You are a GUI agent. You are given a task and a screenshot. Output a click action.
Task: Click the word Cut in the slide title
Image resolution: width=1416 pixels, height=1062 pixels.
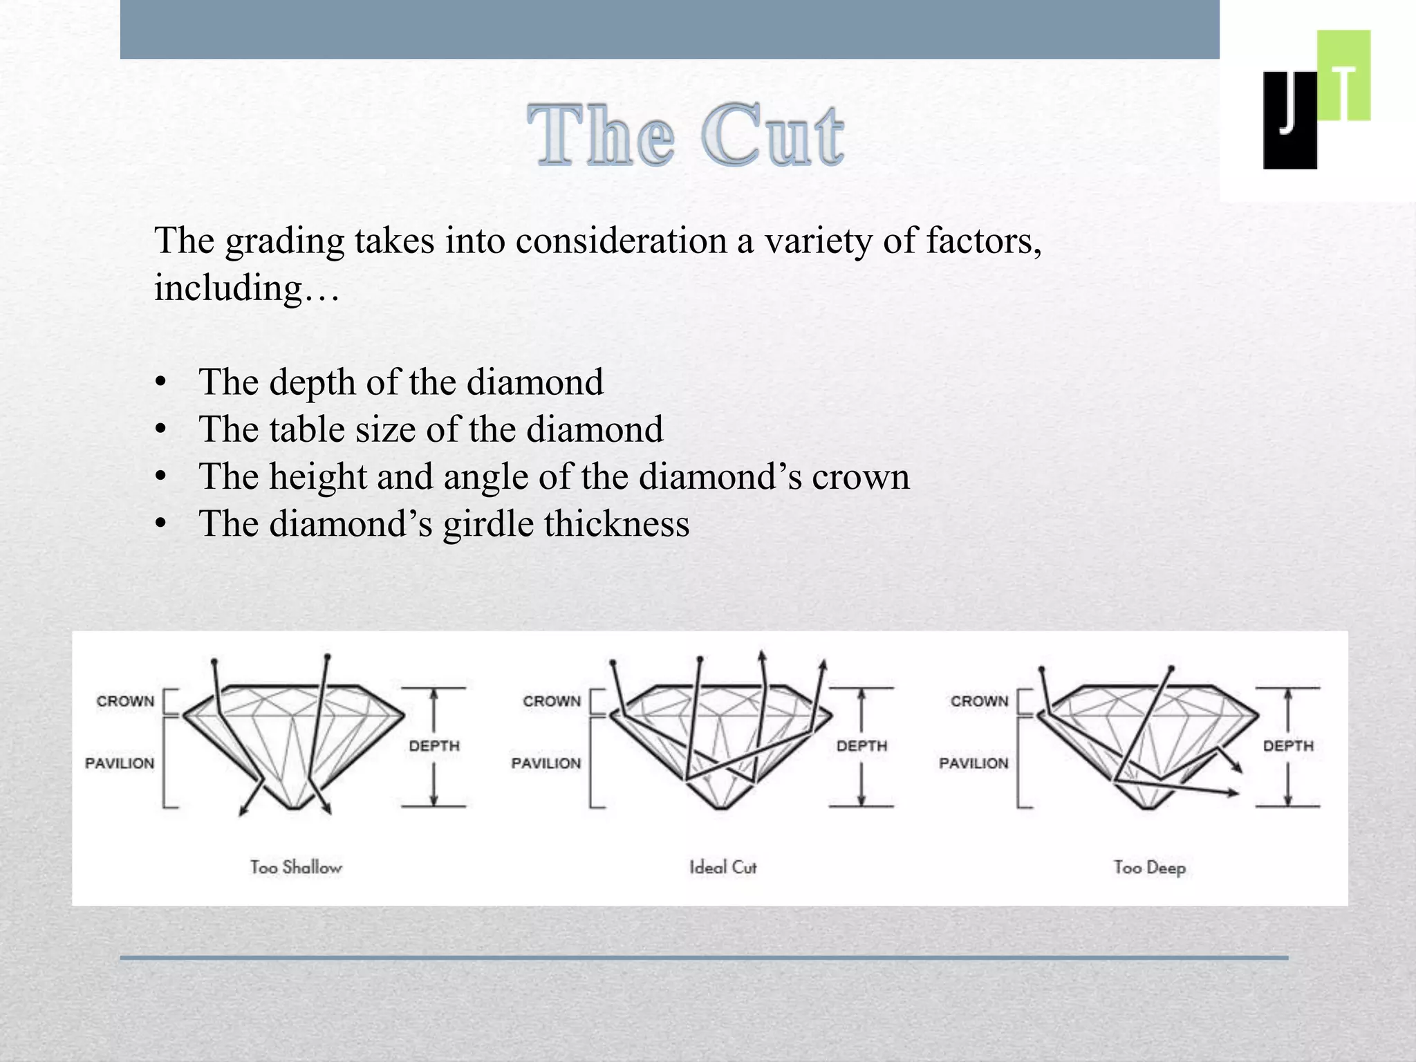coord(772,136)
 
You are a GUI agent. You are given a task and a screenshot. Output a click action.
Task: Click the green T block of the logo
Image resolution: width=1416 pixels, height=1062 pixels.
coord(1343,75)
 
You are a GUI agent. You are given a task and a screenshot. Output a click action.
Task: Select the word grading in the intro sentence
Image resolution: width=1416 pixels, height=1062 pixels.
coord(285,242)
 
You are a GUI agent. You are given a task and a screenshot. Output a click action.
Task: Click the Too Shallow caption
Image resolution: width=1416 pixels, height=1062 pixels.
coord(296,867)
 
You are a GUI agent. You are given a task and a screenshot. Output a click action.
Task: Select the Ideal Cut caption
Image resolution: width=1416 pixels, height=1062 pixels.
coord(723,867)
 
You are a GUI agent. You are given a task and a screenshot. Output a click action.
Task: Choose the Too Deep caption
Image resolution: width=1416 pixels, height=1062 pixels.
coord(1149,867)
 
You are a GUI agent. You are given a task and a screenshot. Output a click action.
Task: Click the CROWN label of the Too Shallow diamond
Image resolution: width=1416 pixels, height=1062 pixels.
coord(125,701)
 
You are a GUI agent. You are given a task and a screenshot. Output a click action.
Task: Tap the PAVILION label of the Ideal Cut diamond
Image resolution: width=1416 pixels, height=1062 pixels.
coord(546,763)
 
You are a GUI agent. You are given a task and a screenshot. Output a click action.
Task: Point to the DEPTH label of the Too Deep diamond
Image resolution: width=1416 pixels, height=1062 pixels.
coord(1288,746)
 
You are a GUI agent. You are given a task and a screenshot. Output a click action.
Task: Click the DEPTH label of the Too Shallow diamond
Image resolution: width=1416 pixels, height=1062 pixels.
coord(434,746)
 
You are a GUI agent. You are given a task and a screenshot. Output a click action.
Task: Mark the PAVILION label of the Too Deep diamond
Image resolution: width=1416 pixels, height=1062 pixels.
coord(973,763)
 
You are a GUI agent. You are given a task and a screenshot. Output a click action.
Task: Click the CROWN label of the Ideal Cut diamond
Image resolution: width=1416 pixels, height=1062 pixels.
coord(552,701)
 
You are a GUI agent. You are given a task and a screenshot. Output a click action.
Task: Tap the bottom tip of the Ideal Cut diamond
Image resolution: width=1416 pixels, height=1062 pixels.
coord(721,807)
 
